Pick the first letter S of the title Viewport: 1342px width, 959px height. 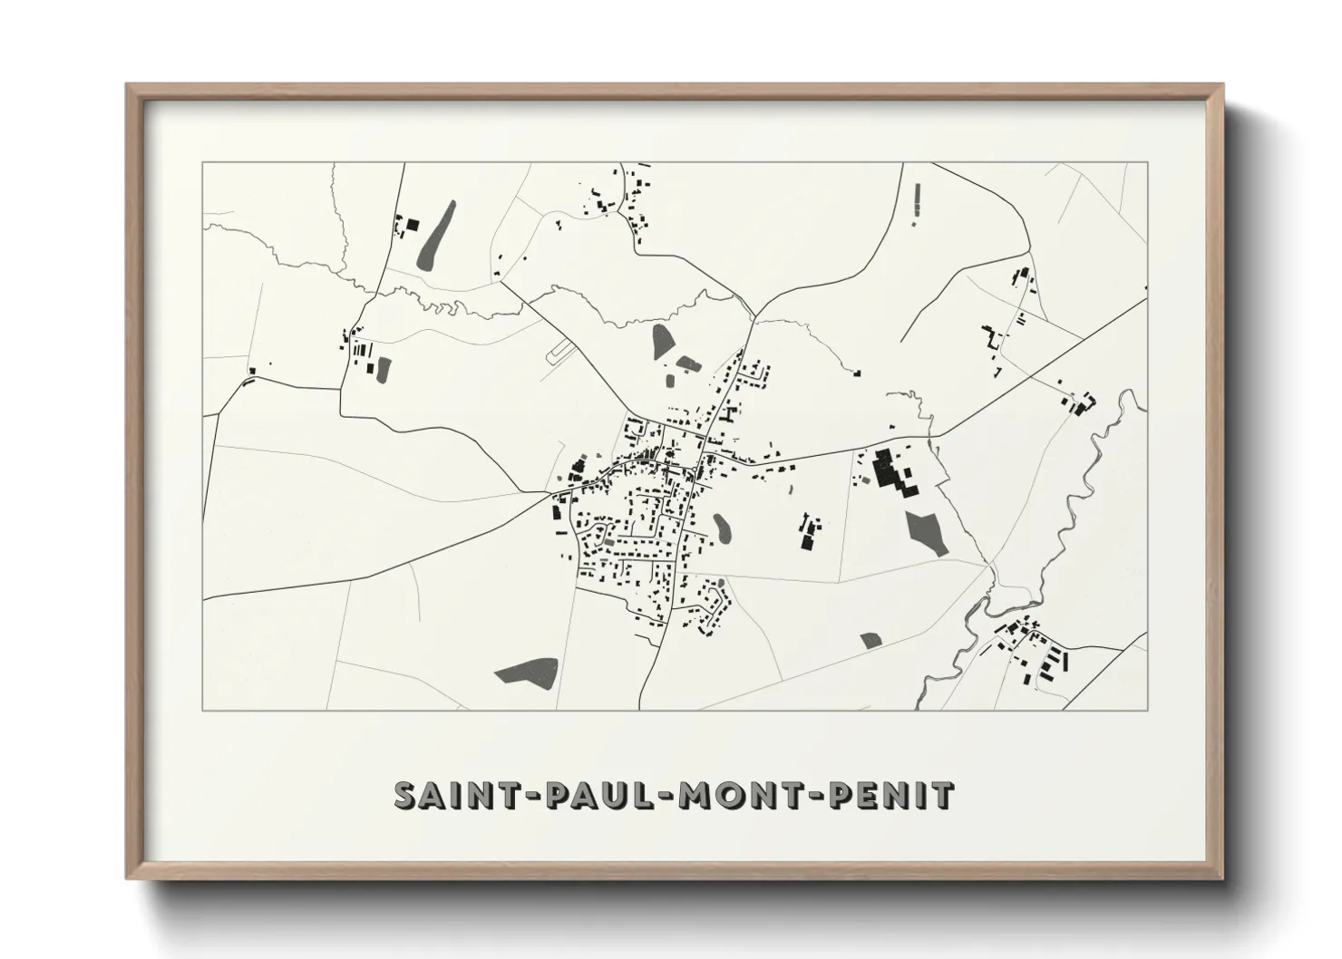[x=404, y=795]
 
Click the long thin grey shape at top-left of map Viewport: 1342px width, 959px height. [x=436, y=235]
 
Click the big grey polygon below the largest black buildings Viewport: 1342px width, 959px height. [x=925, y=530]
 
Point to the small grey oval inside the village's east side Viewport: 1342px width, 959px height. [x=722, y=528]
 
